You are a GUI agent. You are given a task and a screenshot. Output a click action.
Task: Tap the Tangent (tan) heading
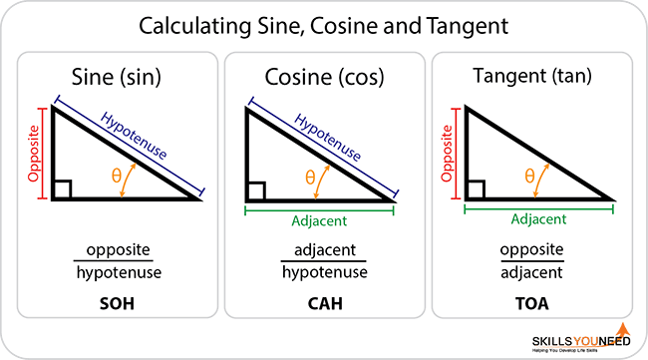(x=529, y=77)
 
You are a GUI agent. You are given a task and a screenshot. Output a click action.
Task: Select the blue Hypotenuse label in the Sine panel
(x=137, y=139)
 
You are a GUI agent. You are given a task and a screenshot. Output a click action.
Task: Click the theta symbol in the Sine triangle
(x=117, y=176)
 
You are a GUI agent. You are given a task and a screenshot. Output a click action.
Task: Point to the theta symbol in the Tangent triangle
(x=529, y=176)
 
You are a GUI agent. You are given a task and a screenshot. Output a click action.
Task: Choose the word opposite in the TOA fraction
(x=530, y=250)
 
